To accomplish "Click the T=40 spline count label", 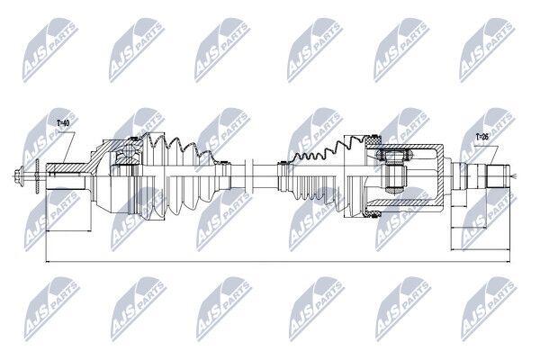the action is tap(63, 123).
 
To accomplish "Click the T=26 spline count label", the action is tap(482, 137).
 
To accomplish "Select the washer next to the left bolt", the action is tap(38, 176).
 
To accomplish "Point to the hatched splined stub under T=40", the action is tap(67, 168).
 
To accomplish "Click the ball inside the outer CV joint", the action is tap(130, 151).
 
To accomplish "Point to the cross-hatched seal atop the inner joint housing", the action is tap(373, 140).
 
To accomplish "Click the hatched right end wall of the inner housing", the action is tap(440, 176).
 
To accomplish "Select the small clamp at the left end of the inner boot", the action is tap(282, 176).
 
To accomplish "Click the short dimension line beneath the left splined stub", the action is tap(68, 230).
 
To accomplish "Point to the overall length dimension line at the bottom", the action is tap(277, 262).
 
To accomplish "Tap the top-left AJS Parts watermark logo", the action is tap(50, 50).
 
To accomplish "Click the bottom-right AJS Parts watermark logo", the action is tap(489, 309).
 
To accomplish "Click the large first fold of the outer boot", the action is tap(153, 176).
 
